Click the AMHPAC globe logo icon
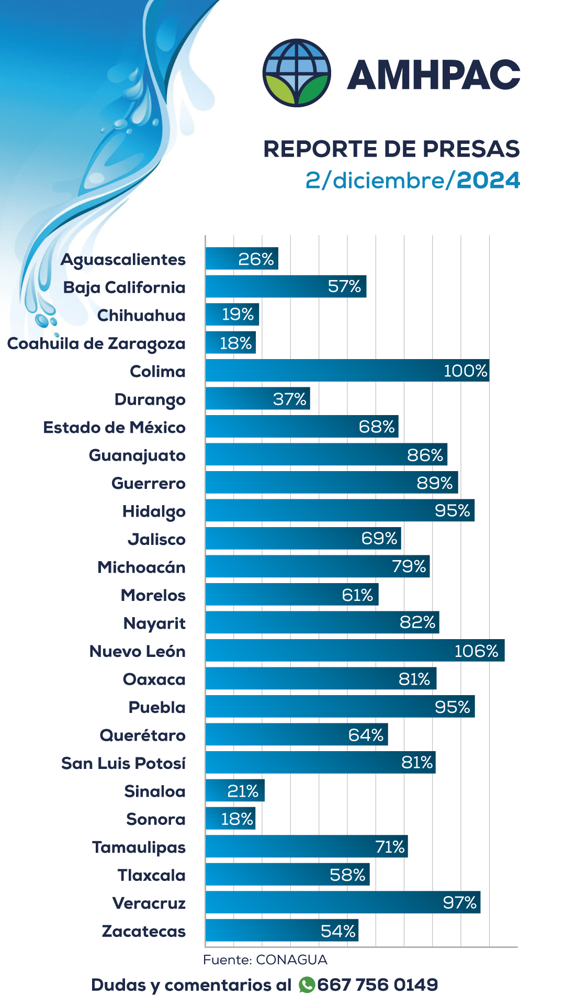[x=297, y=73]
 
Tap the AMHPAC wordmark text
[x=434, y=74]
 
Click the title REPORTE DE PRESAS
[x=391, y=149]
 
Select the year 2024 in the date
[x=489, y=181]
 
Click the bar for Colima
[x=347, y=371]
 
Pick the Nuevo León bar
[x=355, y=651]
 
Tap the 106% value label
[x=476, y=651]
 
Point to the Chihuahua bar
[x=232, y=315]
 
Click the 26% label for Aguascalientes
[x=256, y=259]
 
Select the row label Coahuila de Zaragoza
[x=96, y=344]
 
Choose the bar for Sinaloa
[x=235, y=790]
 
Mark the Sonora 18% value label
[x=237, y=819]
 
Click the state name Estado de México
[x=114, y=428]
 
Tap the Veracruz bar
[x=343, y=902]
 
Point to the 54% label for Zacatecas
[x=338, y=931]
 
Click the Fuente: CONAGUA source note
[x=265, y=960]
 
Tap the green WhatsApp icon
[x=307, y=985]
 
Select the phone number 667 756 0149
[x=377, y=985]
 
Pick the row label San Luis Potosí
[x=123, y=764]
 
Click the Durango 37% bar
[x=257, y=399]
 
